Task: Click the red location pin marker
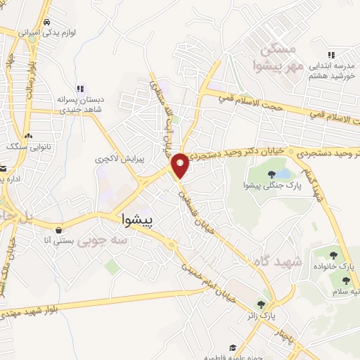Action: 181,165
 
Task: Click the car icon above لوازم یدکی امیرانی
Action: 48,22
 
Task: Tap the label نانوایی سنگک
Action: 25,147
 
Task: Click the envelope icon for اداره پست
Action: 2,169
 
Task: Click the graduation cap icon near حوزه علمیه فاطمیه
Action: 232,347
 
